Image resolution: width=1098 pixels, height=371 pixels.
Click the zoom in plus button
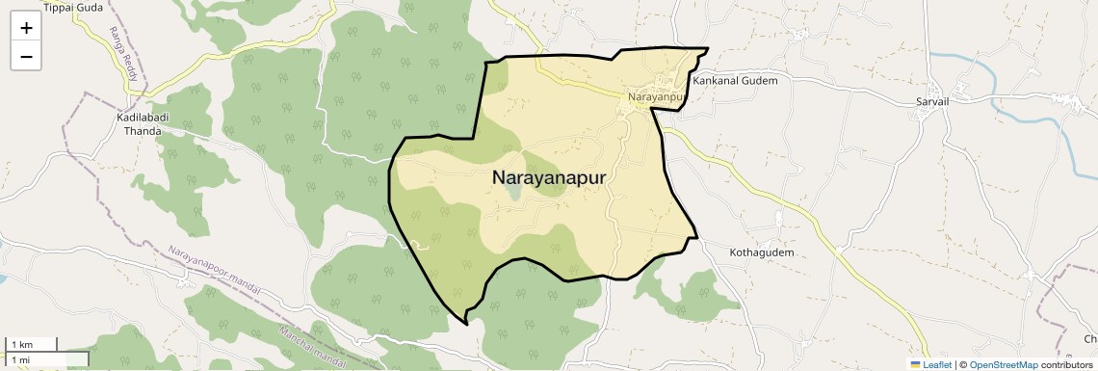[26, 28]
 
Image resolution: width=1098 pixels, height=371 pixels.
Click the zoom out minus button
[26, 56]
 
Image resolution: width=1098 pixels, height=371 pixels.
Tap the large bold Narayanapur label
[549, 177]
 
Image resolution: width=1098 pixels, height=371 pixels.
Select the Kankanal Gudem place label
[735, 81]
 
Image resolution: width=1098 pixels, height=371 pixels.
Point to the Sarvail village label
[933, 100]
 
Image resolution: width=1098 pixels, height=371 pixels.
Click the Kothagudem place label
[761, 252]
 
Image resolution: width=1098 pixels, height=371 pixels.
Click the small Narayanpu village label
[655, 97]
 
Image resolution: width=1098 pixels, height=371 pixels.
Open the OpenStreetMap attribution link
[1003, 364]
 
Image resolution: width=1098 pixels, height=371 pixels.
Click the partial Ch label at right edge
[1090, 338]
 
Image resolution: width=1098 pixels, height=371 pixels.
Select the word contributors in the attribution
[1066, 364]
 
